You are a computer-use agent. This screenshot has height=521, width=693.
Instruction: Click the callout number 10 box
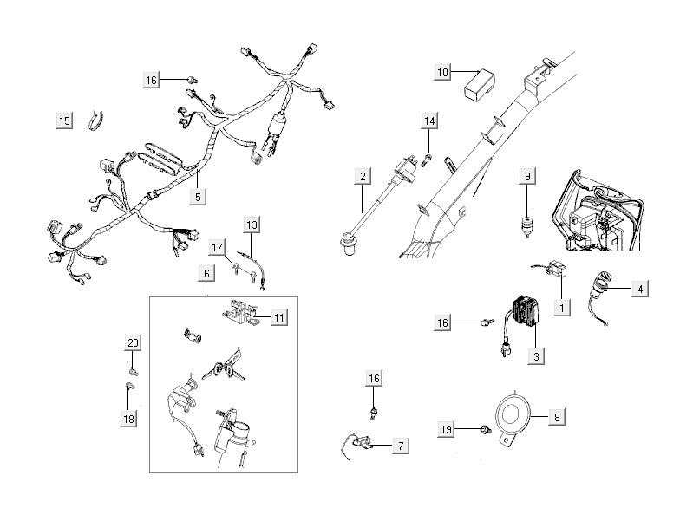pyautogui.click(x=443, y=72)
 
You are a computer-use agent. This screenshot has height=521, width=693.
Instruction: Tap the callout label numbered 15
pyautogui.click(x=65, y=121)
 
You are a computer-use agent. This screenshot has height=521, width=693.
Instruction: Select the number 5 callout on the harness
pyautogui.click(x=199, y=197)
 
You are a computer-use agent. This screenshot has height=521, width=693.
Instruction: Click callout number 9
pyautogui.click(x=526, y=176)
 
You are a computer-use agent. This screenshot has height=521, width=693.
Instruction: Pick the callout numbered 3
pyautogui.click(x=537, y=355)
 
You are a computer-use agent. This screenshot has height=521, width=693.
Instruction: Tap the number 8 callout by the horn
pyautogui.click(x=557, y=417)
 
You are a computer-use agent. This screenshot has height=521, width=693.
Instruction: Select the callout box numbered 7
pyautogui.click(x=401, y=446)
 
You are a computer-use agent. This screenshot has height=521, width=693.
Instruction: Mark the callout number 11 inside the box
pyautogui.click(x=278, y=318)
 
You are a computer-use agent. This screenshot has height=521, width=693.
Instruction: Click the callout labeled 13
pyautogui.click(x=252, y=225)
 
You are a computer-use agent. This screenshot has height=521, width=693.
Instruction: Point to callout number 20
pyautogui.click(x=132, y=342)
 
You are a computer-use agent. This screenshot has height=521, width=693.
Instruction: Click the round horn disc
pyautogui.click(x=514, y=417)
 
